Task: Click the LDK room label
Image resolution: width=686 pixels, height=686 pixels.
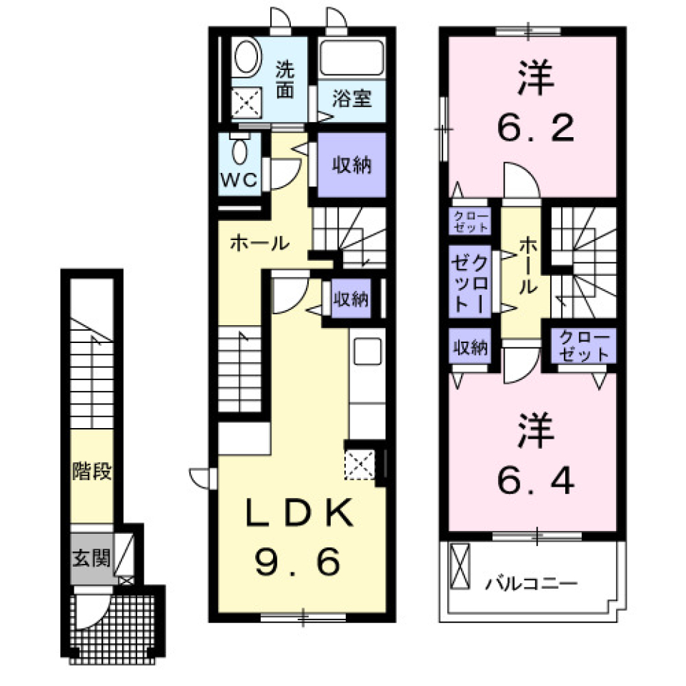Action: coord(300,514)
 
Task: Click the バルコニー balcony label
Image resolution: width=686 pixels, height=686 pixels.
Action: coord(532,584)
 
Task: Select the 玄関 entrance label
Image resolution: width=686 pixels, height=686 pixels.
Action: coord(91,557)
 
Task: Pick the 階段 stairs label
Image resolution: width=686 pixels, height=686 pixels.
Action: coord(91,472)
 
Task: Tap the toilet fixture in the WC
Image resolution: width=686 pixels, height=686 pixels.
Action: coord(240,151)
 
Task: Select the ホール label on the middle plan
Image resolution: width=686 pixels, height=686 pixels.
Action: coord(259,243)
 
